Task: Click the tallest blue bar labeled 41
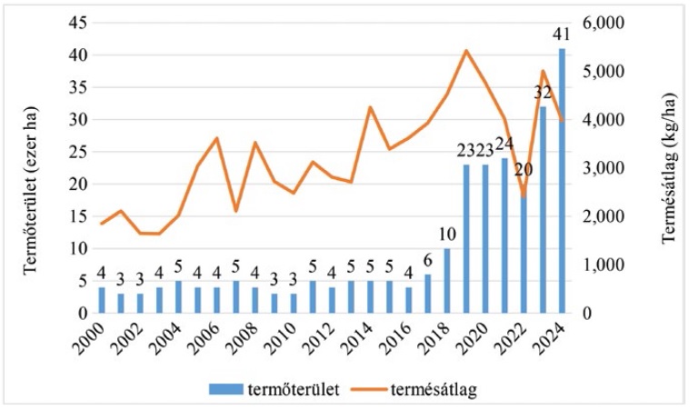click(x=562, y=182)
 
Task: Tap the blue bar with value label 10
click(x=447, y=281)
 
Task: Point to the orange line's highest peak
click(x=466, y=50)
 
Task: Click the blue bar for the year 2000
click(x=103, y=300)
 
